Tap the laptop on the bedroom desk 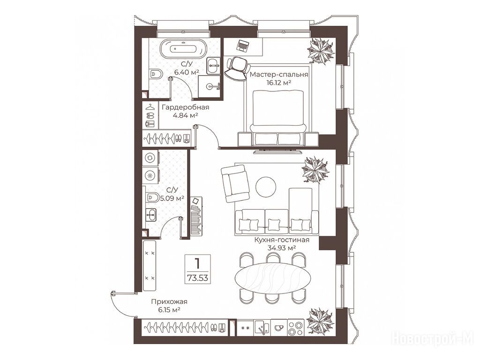[243, 45]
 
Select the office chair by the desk [236, 69]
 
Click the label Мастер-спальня [279, 75]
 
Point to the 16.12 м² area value [279, 82]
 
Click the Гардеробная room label [186, 107]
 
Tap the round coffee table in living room [266, 187]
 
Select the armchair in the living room [235, 184]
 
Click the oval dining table [273, 277]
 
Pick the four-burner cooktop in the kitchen [296, 328]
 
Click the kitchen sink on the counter [262, 328]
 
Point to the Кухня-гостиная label [282, 240]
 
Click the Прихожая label [169, 302]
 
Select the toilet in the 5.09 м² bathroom [152, 196]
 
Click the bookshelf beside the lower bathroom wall [196, 216]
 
